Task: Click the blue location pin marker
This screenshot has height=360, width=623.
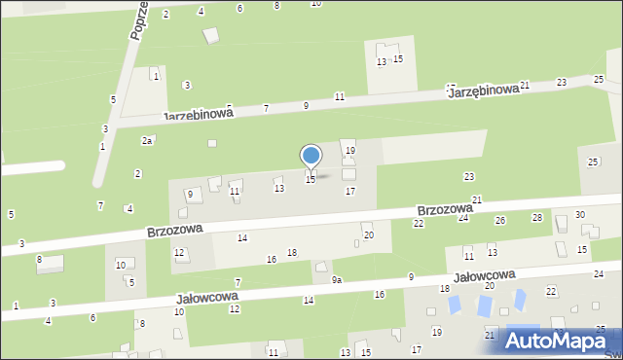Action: pyautogui.click(x=311, y=157)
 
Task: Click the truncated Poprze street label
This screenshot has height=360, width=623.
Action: pyautogui.click(x=137, y=20)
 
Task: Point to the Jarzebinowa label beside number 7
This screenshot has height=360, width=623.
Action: pyautogui.click(x=198, y=113)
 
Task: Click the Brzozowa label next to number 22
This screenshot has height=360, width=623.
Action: pyautogui.click(x=445, y=209)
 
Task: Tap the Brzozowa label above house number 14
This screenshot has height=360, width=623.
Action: pyautogui.click(x=175, y=231)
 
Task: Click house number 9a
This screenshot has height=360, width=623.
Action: pyautogui.click(x=337, y=280)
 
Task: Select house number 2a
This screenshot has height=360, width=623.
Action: pyautogui.click(x=147, y=141)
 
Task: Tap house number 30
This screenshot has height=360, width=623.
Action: pyautogui.click(x=579, y=214)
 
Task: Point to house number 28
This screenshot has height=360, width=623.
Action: pyautogui.click(x=536, y=217)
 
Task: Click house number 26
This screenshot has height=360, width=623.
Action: pyautogui.click(x=500, y=221)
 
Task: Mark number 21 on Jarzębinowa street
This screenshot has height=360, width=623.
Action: pyautogui.click(x=525, y=86)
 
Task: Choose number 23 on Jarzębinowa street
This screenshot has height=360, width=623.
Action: pyautogui.click(x=562, y=82)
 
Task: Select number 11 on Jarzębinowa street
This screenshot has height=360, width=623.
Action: pyautogui.click(x=340, y=96)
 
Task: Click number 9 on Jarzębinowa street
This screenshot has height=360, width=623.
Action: pyautogui.click(x=306, y=105)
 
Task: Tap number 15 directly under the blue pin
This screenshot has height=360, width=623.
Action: pyautogui.click(x=311, y=180)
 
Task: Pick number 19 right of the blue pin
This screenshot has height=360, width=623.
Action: pyautogui.click(x=350, y=151)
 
